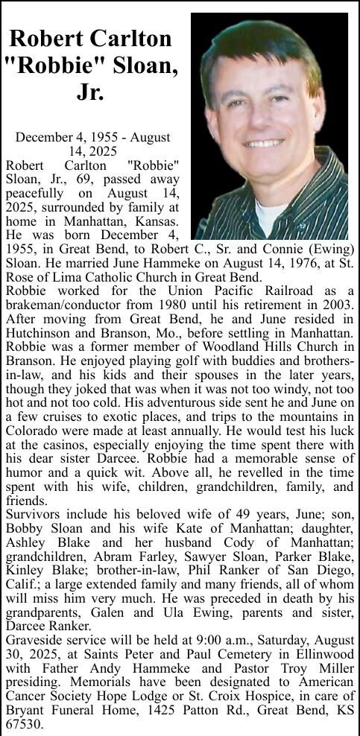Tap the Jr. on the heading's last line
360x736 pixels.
(90, 92)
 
